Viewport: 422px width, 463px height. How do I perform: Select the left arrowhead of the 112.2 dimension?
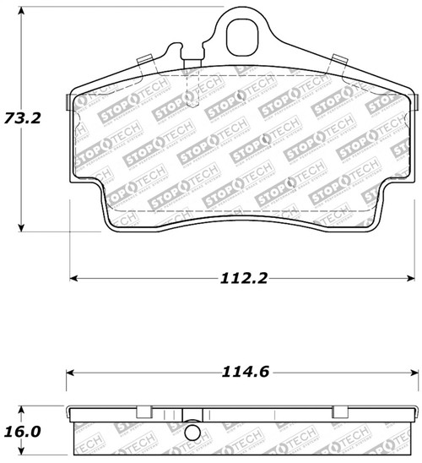tap(73, 277)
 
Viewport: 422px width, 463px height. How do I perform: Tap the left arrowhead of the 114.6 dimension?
tap(71, 373)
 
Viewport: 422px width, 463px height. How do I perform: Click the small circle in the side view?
tap(195, 436)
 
